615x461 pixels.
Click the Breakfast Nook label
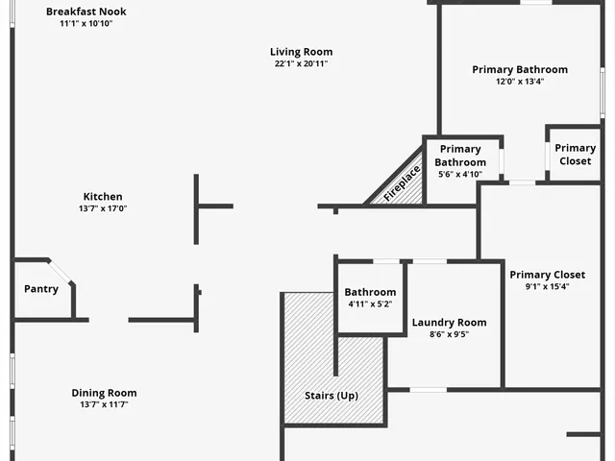[x=86, y=12]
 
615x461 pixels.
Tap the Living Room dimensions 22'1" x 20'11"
[x=301, y=64]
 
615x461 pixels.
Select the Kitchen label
[x=103, y=197]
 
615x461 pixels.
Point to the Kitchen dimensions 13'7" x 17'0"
[x=103, y=209]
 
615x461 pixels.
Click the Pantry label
[x=41, y=289]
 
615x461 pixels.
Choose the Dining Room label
[x=104, y=393]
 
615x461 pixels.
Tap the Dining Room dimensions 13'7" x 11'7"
[x=104, y=405]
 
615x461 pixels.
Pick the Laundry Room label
[x=449, y=323]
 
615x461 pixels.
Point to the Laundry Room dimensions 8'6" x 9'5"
[x=449, y=335]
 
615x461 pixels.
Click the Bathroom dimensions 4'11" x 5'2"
[x=370, y=304]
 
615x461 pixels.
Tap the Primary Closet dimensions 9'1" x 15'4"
[x=547, y=287]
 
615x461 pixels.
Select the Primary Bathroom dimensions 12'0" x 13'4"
[x=520, y=82]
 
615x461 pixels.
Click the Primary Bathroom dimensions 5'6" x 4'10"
[x=460, y=175]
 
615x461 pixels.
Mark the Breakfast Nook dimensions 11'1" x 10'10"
[x=86, y=24]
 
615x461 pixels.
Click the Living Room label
[x=301, y=52]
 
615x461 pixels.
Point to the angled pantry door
[x=61, y=272]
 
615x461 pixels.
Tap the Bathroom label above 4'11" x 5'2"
[x=370, y=292]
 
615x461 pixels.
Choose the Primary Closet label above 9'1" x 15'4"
[x=547, y=275]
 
